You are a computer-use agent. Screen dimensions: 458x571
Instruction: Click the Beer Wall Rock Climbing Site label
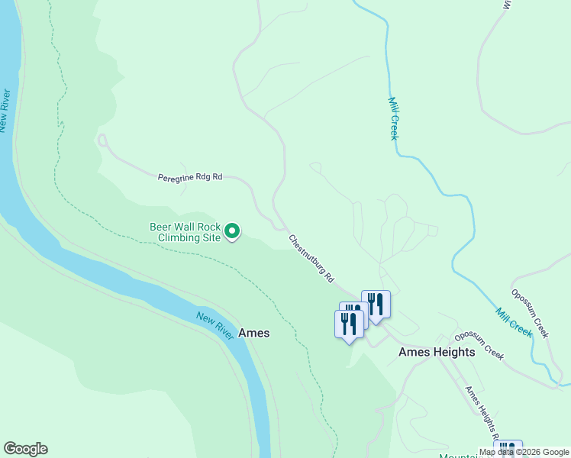click(184, 232)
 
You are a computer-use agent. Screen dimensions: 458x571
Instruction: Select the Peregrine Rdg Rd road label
click(189, 177)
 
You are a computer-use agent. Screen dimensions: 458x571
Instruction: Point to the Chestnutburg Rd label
click(311, 260)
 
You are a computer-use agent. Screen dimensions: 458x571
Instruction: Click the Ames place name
click(253, 334)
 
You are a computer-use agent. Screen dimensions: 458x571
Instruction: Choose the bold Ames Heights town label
click(437, 352)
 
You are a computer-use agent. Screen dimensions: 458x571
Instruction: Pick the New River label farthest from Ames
click(5, 111)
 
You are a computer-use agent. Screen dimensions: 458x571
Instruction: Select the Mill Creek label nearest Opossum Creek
click(514, 322)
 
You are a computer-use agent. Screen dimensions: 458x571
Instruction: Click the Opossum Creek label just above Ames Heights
click(479, 346)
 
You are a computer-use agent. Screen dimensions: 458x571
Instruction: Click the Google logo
click(25, 449)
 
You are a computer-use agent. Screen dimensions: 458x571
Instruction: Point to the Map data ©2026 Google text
click(524, 452)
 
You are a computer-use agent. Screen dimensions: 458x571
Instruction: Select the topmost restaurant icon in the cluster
click(375, 303)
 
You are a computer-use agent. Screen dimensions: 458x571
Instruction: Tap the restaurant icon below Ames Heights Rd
click(508, 450)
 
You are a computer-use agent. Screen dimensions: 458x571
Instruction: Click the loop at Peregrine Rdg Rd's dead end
click(102, 140)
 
